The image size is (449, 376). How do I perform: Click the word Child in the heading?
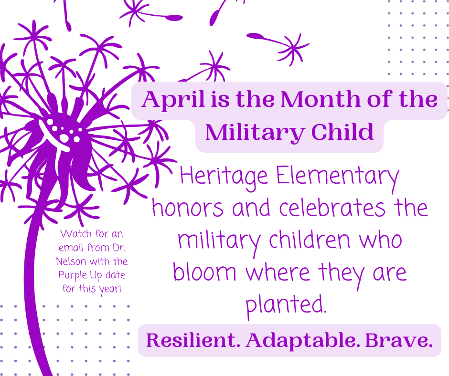coord(342,132)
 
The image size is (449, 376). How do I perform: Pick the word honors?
coord(188,208)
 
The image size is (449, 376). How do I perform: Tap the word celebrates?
coord(332,208)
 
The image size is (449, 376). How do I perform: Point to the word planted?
coord(286,305)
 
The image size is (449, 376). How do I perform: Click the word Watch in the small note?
coord(76,234)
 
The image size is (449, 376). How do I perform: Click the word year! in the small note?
coord(110,289)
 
